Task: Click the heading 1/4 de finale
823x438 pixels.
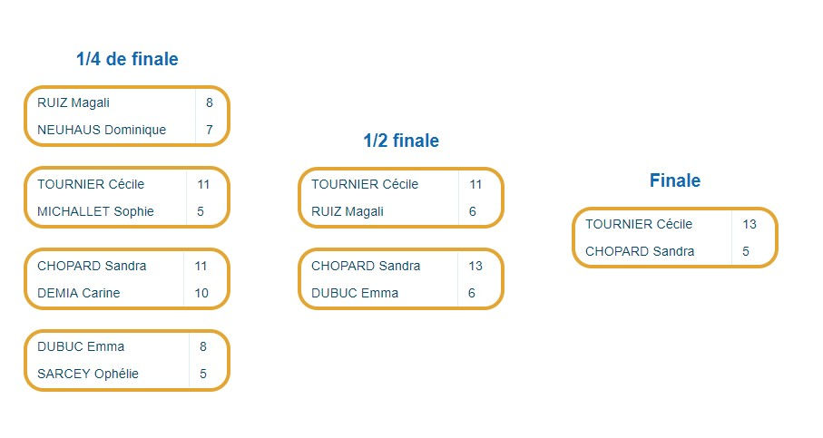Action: coord(127,60)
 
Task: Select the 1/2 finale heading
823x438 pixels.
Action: coord(401,141)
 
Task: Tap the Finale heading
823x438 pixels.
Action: coord(675,180)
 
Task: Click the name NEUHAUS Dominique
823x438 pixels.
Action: coord(102,130)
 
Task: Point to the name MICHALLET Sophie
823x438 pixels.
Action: coord(95,211)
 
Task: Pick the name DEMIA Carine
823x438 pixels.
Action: coord(78,293)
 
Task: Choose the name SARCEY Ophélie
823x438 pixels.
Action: coord(88,374)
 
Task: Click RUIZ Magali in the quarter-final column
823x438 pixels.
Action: coord(73,102)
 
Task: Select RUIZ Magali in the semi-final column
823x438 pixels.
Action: coord(348,211)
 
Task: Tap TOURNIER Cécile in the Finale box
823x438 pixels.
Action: coord(639,224)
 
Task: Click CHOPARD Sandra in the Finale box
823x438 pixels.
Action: coord(640,251)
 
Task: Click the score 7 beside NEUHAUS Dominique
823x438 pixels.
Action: coord(210,130)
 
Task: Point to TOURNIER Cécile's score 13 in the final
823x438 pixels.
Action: coord(750,224)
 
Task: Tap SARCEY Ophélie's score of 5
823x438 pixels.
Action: coord(203,374)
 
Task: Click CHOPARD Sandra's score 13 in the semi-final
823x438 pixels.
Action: coord(475,266)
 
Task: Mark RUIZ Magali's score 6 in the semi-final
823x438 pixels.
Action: coord(473,211)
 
